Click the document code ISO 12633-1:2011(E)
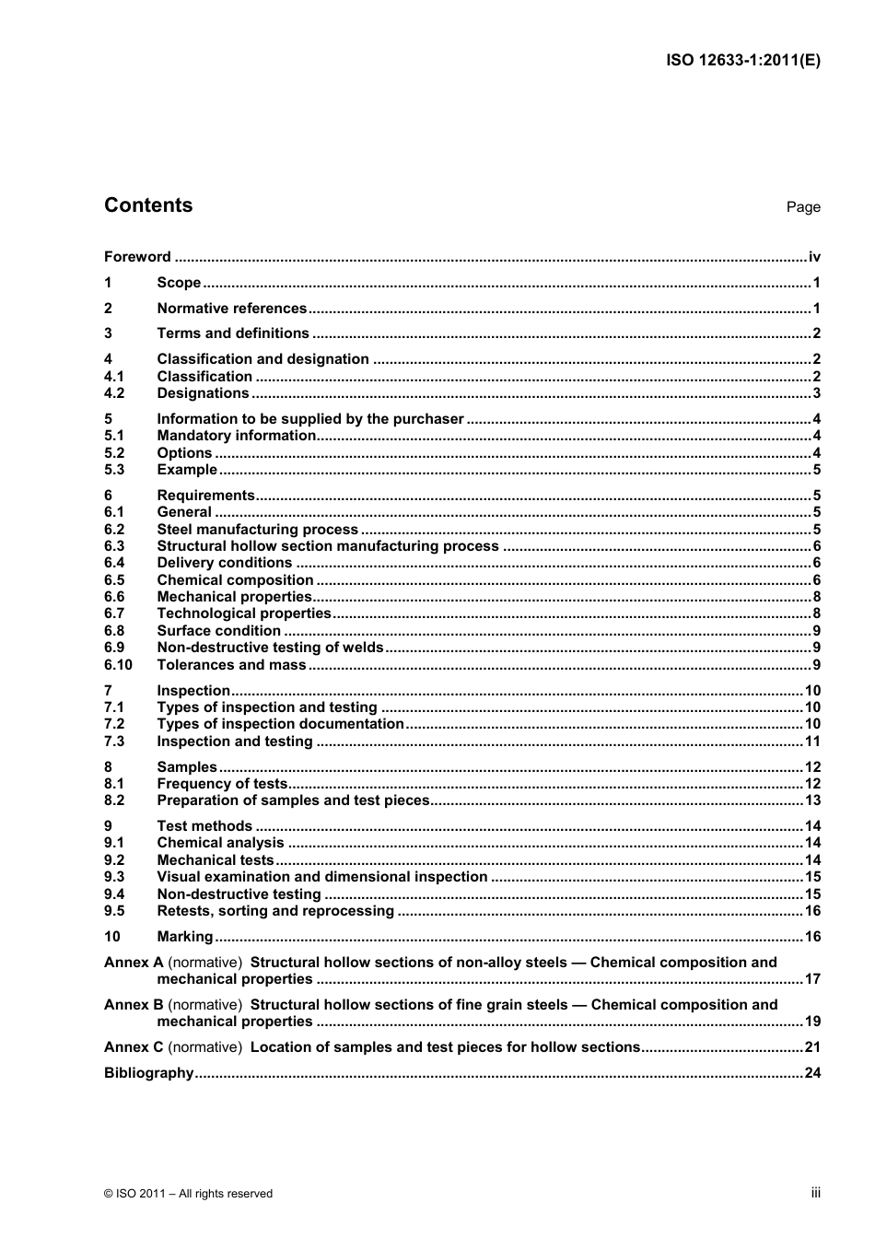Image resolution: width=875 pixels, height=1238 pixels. coord(742,61)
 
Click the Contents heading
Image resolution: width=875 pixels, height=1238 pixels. coord(148,205)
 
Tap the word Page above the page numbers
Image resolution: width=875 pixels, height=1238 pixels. coord(802,207)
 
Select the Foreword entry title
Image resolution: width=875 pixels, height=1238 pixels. coord(137,257)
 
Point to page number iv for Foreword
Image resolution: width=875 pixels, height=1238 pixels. coord(813,257)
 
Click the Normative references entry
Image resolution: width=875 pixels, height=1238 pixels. coord(231,309)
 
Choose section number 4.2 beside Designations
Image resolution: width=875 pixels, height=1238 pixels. coord(114,393)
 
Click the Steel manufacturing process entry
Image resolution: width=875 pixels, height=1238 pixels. coord(257,530)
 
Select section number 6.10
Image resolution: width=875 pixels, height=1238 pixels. coord(118,665)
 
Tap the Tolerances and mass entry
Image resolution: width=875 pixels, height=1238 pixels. coord(231,665)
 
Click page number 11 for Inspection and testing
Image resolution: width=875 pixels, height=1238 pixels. coord(811,742)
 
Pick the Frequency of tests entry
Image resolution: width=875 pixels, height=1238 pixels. coord(222,784)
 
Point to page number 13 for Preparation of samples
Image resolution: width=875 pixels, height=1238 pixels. coord(811,800)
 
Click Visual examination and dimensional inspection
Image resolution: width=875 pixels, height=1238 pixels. coord(321,877)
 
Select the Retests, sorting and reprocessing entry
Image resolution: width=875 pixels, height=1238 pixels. coord(275,911)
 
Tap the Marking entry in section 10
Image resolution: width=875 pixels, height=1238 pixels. coord(184,937)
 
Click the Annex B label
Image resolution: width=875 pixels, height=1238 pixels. coord(134,1005)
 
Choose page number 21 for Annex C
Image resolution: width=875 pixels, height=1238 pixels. coord(811,1047)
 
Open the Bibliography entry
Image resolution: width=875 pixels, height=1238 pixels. coord(148,1073)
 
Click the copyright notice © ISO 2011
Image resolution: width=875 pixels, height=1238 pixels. coord(189,1194)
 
